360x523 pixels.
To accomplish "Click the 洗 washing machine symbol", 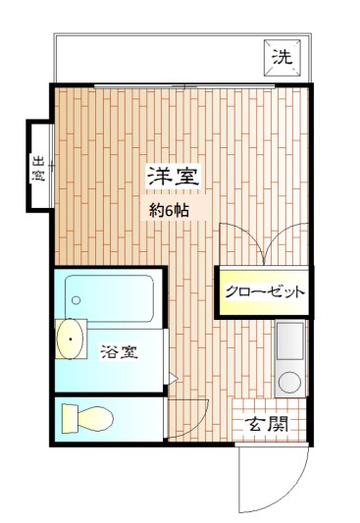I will pyautogui.click(x=281, y=58).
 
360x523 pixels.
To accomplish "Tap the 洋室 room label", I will pyautogui.click(x=174, y=178).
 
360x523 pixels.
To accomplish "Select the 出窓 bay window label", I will pyautogui.click(x=38, y=169).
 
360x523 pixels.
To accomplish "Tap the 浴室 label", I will pyautogui.click(x=119, y=351).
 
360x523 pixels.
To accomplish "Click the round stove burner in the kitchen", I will pyautogui.click(x=290, y=381).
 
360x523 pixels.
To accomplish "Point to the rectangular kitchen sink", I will pyautogui.click(x=290, y=340).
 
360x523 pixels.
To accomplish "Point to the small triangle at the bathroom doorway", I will pyautogui.click(x=171, y=377).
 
